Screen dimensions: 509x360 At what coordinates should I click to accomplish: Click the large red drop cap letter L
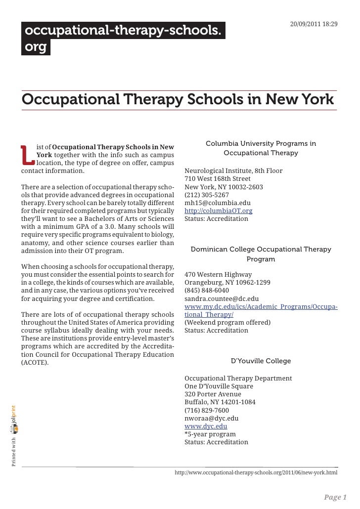[x=28, y=155]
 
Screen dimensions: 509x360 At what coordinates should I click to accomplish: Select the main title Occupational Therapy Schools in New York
[x=178, y=99]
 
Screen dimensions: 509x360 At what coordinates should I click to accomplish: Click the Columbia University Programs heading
[x=261, y=148]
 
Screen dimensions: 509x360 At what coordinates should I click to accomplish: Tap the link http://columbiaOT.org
[x=218, y=211]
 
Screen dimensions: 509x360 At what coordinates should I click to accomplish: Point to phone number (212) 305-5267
[x=207, y=195]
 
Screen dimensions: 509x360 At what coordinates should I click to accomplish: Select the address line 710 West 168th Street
[x=217, y=179]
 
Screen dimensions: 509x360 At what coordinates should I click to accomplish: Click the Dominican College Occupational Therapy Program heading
[x=261, y=254]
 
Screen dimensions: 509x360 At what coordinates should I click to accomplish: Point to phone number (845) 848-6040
[x=207, y=291]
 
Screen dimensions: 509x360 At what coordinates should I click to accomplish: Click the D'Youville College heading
[x=261, y=361]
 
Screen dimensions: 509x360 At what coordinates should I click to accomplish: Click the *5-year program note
[x=210, y=434]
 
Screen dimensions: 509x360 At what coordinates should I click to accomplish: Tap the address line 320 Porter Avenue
[x=213, y=394]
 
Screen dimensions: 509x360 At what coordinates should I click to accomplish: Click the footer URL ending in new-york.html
[x=256, y=472]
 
